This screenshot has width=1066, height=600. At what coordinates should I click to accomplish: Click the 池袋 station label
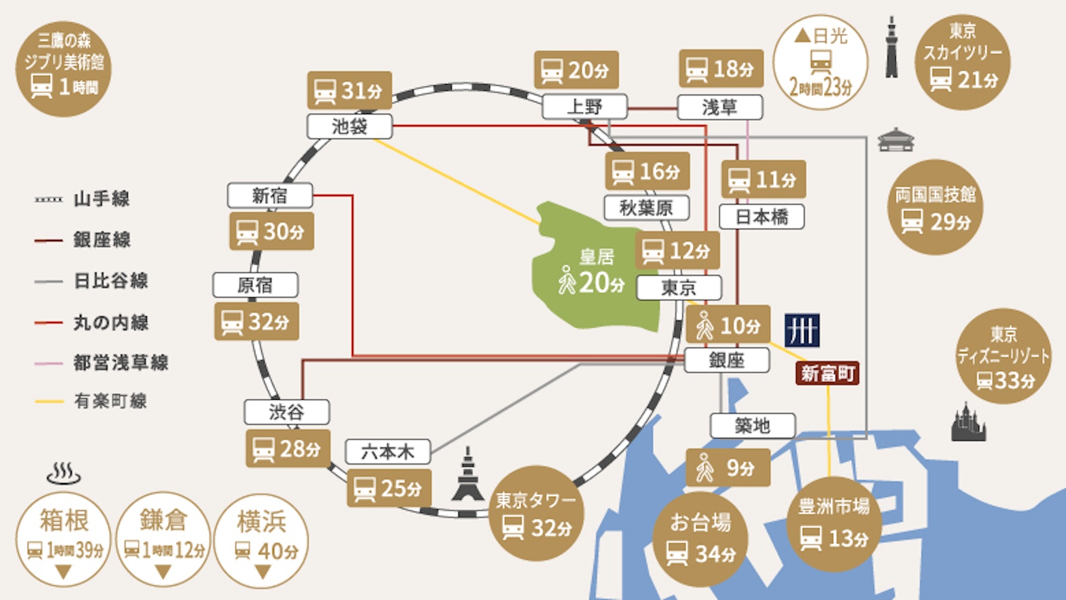(x=350, y=126)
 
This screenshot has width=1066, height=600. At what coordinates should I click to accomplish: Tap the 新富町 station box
(x=828, y=374)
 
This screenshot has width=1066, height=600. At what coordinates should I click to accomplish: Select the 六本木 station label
(x=388, y=452)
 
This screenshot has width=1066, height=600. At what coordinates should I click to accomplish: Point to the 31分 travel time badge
(x=350, y=90)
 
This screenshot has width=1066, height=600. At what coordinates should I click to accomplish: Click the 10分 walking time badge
(x=728, y=325)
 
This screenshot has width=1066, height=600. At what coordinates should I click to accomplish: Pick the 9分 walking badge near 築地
(x=728, y=467)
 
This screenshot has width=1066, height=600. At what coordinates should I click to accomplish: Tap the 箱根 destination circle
(x=64, y=540)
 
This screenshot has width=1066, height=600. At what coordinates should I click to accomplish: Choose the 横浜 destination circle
(x=262, y=541)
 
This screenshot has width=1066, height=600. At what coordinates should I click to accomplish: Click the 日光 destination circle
(x=821, y=62)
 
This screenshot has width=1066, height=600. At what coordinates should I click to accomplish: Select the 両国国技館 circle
(x=935, y=208)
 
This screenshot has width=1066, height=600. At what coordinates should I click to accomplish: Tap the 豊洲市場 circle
(x=834, y=524)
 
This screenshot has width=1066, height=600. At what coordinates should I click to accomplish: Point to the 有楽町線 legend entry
(x=90, y=401)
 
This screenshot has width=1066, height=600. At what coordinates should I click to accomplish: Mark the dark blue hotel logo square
(x=802, y=330)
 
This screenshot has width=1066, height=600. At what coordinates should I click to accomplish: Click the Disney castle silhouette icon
(x=968, y=422)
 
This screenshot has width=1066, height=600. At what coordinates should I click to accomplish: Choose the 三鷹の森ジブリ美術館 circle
(x=64, y=69)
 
